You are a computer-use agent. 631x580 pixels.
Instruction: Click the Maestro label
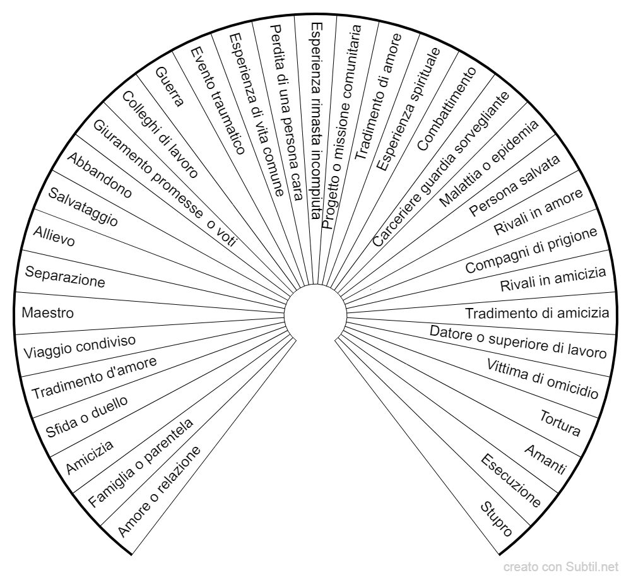pyautogui.click(x=47, y=313)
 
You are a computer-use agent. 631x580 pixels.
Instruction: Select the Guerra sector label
pyautogui.click(x=170, y=87)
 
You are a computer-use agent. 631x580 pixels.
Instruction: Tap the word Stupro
pyautogui.click(x=497, y=519)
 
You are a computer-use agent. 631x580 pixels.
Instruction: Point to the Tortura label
pyautogui.click(x=560, y=423)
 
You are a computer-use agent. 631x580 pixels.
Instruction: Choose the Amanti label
pyautogui.click(x=546, y=459)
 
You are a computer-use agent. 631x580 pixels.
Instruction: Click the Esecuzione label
pyautogui.click(x=511, y=480)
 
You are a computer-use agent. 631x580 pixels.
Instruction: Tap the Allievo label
pyautogui.click(x=54, y=236)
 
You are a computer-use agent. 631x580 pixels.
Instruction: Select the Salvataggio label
pyautogui.click(x=83, y=207)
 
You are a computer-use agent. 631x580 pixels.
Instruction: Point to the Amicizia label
pyautogui.click(x=90, y=457)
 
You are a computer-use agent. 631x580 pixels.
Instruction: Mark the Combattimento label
pyautogui.click(x=447, y=109)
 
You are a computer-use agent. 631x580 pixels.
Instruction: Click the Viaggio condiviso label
pyautogui.click(x=80, y=346)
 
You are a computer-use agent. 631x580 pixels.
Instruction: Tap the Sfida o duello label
pyautogui.click(x=86, y=417)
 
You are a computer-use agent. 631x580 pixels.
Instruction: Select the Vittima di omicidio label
pyautogui.click(x=543, y=378)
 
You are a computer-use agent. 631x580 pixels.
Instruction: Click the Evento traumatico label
pyautogui.click(x=218, y=100)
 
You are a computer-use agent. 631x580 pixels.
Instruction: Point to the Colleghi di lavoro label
pyautogui.click(x=160, y=134)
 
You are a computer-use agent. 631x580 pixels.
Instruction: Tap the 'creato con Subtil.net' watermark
pyautogui.click(x=561, y=567)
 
